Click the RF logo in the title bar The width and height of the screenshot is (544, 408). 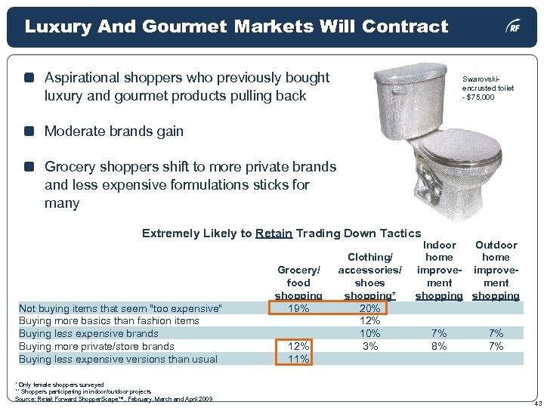514,28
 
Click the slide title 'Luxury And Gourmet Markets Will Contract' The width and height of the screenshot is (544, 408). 236,27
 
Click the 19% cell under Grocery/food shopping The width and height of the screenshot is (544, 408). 298,308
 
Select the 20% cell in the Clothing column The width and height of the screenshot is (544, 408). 369,308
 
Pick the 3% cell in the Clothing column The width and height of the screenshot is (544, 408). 370,346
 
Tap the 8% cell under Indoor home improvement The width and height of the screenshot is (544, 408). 439,346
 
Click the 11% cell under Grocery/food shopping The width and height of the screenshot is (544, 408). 298,359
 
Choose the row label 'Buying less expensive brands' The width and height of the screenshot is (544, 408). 88,333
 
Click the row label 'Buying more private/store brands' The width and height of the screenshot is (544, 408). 96,346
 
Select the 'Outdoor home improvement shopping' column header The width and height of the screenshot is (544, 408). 496,270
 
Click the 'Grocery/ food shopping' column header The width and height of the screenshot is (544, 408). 298,283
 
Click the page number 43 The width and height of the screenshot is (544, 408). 536,402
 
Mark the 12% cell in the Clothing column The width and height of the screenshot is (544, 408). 369,320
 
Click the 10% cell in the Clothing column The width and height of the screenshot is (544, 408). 369,333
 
